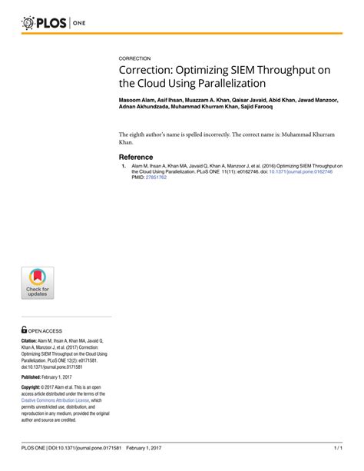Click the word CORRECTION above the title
click(134, 58)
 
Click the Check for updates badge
click(37, 283)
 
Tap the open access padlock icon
click(25, 328)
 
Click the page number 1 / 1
click(337, 446)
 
